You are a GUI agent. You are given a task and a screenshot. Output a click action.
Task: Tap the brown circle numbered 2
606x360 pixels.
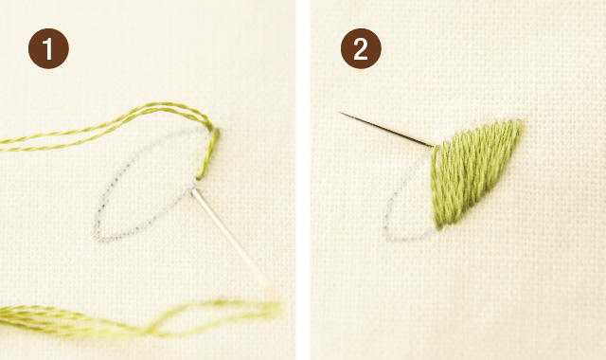(360, 50)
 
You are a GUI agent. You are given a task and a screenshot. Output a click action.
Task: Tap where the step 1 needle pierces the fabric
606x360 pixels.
(195, 189)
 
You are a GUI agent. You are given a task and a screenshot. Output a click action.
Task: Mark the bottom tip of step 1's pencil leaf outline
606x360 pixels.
(98, 234)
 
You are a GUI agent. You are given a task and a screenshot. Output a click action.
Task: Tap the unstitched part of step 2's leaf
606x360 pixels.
(412, 204)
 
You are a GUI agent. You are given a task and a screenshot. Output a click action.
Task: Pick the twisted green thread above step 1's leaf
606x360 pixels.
(123, 122)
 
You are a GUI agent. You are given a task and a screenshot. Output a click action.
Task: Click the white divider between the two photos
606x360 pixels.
(303, 180)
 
